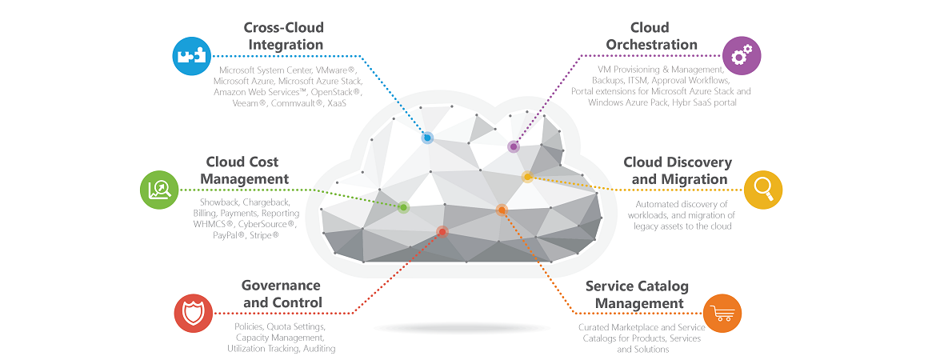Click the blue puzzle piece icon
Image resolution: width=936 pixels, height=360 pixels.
[192, 56]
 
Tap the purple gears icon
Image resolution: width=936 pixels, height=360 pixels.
[742, 56]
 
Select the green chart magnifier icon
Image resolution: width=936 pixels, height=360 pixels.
[158, 190]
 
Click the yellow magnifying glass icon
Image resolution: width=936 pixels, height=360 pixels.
[762, 190]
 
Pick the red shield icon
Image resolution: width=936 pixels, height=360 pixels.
[193, 314]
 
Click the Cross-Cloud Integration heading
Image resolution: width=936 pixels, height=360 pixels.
[285, 36]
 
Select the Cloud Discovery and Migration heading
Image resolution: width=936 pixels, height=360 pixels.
[678, 170]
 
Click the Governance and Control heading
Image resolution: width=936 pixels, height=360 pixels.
[282, 294]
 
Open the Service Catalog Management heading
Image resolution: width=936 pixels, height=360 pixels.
[637, 294]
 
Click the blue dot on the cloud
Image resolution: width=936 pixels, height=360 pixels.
[427, 138]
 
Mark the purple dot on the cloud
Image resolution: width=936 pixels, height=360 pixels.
[513, 147]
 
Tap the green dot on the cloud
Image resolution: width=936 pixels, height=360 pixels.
[403, 207]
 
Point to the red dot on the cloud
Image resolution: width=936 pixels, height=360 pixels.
[442, 232]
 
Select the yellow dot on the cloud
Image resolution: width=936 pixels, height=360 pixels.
[527, 177]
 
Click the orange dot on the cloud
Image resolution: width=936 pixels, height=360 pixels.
[502, 210]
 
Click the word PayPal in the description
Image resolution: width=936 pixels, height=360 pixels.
[229, 236]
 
